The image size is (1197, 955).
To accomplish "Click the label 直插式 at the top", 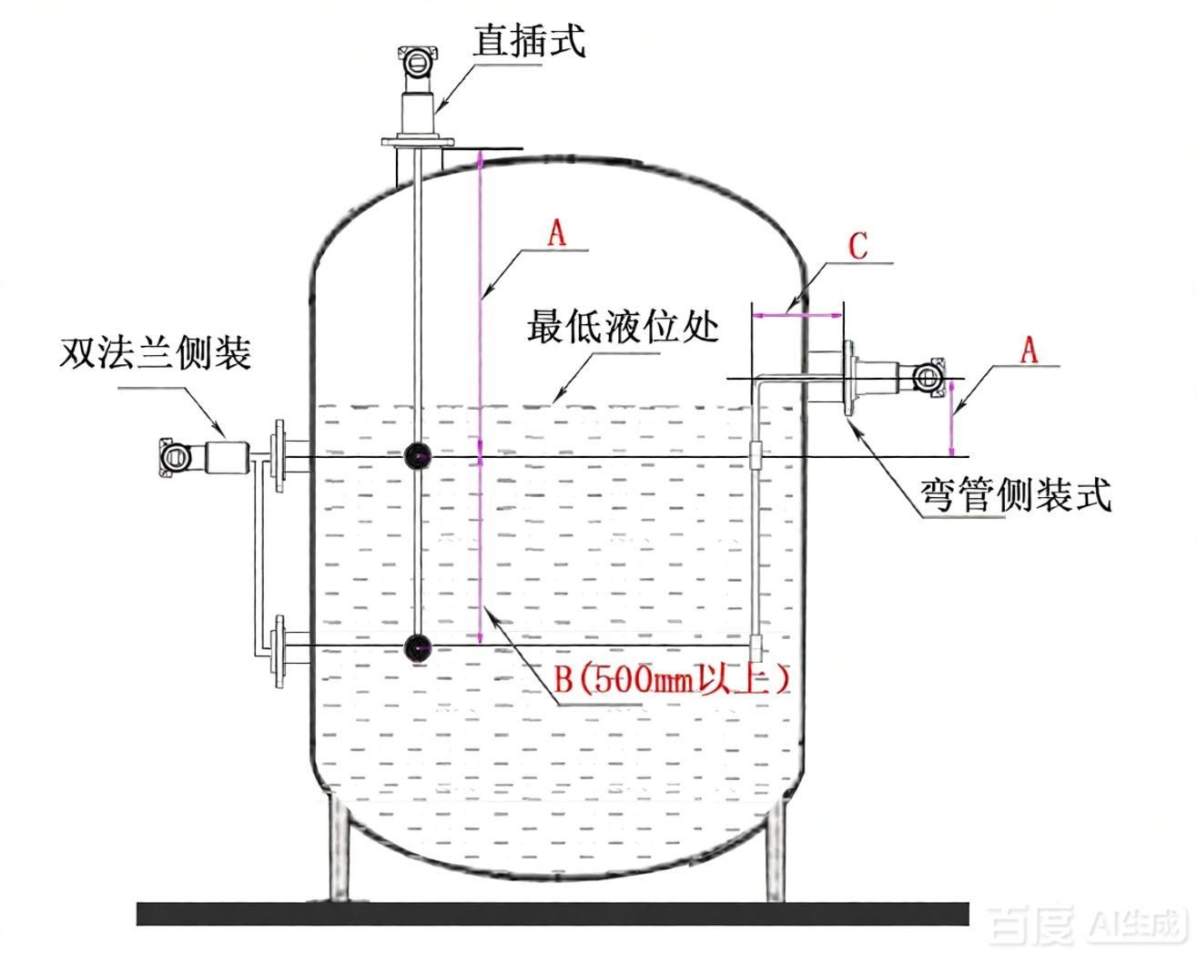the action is (x=529, y=41).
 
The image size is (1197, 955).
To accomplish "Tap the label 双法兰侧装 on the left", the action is (x=155, y=353).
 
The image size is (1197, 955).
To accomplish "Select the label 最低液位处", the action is (x=623, y=326).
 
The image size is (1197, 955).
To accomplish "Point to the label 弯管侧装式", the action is (x=1016, y=494).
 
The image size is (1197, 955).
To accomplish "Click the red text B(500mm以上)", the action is (x=672, y=679).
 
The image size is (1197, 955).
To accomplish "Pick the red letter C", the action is (x=858, y=246).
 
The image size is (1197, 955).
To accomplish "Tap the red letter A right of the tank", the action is (x=1030, y=351).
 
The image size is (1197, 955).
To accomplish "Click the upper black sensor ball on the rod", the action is (x=417, y=456).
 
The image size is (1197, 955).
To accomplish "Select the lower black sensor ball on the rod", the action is (x=417, y=648).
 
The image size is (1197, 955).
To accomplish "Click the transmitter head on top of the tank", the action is (x=417, y=62).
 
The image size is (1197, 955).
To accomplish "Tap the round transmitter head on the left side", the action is (x=175, y=457).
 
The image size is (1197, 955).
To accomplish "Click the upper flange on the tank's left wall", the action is (x=278, y=456).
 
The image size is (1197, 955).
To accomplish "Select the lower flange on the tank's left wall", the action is (x=278, y=652).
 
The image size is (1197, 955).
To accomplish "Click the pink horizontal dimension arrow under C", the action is (x=796, y=315).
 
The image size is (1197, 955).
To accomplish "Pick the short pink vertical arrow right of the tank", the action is (x=952, y=417).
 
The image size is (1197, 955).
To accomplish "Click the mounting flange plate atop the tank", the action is (x=418, y=142).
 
